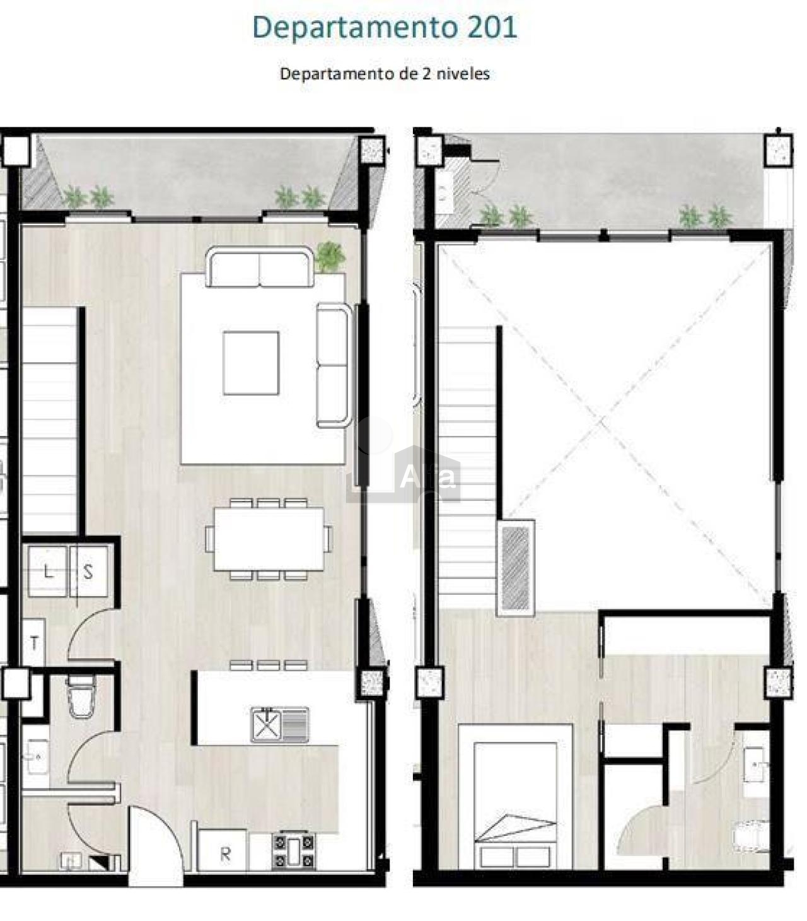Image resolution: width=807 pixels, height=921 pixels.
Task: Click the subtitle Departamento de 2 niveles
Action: click(385, 74)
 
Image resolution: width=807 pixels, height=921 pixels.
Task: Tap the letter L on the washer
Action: click(48, 571)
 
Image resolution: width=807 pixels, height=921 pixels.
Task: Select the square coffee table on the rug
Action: click(251, 363)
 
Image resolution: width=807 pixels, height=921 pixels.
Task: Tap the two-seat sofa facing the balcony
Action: click(260, 267)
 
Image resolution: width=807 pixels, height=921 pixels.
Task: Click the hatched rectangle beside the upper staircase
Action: click(515, 568)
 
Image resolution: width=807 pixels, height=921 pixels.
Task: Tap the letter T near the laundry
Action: click(34, 642)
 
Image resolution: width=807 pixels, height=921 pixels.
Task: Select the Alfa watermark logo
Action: click(403, 472)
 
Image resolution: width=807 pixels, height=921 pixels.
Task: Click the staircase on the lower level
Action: click(49, 421)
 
